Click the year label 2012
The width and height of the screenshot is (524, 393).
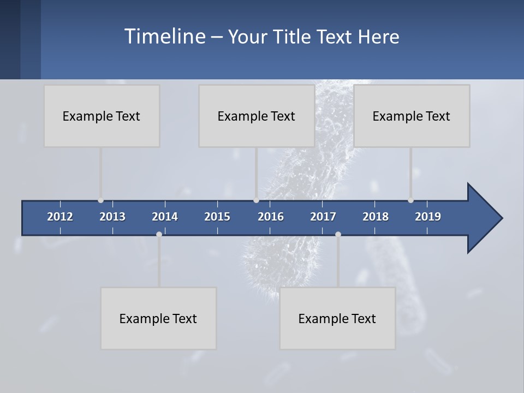(x=60, y=217)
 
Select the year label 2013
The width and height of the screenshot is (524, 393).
(x=112, y=217)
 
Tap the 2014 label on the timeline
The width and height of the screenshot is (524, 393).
(x=165, y=217)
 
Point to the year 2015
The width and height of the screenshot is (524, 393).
(x=217, y=217)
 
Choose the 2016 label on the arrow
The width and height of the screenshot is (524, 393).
(x=271, y=217)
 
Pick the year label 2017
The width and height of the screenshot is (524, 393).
(x=323, y=217)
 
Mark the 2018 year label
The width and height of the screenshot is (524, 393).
(x=376, y=217)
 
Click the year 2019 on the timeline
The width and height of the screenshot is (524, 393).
(x=428, y=217)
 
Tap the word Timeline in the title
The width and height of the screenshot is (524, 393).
(x=164, y=37)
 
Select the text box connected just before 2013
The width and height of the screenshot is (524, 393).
(x=102, y=116)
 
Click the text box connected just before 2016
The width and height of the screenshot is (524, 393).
(x=257, y=116)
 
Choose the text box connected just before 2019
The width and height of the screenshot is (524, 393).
(x=412, y=116)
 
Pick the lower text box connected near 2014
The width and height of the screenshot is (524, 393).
(x=158, y=318)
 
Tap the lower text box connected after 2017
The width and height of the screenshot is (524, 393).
(x=337, y=318)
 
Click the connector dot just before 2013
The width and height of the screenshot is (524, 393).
(x=100, y=200)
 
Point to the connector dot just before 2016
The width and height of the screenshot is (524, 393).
(x=256, y=200)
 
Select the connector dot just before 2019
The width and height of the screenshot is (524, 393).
(x=410, y=200)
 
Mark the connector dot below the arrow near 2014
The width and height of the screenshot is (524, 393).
(x=159, y=234)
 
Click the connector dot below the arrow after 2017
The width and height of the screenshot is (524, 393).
(x=338, y=234)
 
